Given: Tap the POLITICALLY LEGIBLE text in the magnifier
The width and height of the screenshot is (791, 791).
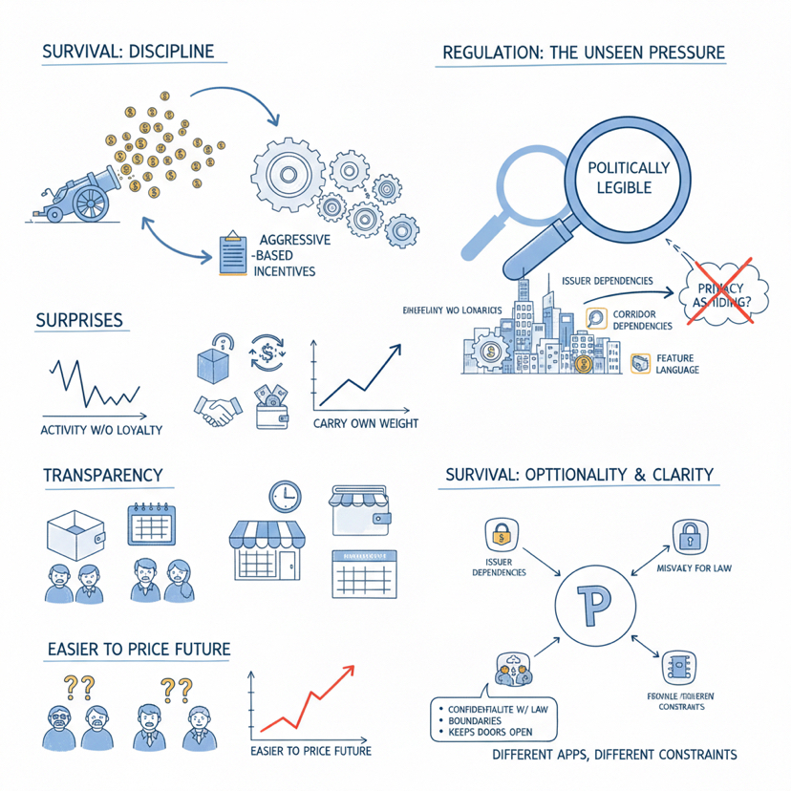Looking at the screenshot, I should tap(628, 177).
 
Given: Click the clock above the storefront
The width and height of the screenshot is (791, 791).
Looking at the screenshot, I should tap(285, 495).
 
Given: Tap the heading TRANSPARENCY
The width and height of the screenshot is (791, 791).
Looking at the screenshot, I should tap(102, 475).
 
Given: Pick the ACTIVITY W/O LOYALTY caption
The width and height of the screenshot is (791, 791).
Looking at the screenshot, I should tap(101, 429).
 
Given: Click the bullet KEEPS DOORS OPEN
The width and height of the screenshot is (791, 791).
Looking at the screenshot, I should tap(488, 733).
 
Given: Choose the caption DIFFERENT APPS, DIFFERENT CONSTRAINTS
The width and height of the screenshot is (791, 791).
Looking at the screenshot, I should tap(614, 755).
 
